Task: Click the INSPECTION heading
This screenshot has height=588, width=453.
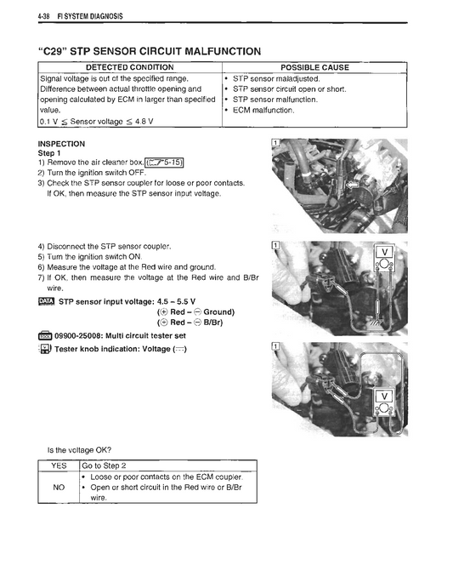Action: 62,144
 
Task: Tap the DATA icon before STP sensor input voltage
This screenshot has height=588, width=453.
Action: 47,300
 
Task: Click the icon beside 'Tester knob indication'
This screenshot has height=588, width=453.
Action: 46,350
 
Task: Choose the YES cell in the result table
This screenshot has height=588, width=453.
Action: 59,465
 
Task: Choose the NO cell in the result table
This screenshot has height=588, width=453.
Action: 59,488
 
